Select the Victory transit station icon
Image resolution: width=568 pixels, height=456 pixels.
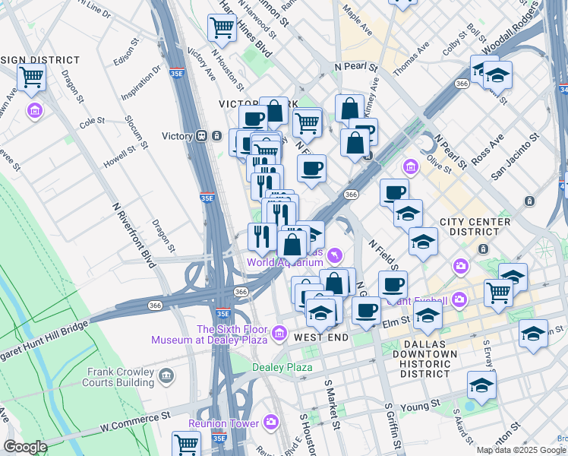coord(202,136)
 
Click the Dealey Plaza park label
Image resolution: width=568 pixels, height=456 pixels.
coord(282,367)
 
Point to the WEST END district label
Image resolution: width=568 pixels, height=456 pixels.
coord(320,337)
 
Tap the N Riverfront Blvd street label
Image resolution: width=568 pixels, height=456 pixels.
coord(134,236)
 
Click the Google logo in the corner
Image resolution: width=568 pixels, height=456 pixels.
coord(24,447)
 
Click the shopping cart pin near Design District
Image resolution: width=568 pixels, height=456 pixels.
coord(31,77)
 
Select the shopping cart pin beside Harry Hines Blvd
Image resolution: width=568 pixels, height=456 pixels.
coord(222,28)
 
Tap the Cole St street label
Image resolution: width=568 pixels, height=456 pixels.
coord(91,121)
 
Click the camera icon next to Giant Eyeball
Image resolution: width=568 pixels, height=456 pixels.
coord(459,299)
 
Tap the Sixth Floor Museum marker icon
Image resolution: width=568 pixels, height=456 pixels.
coord(279,334)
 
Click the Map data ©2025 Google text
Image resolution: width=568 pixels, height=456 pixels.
coord(522,449)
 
